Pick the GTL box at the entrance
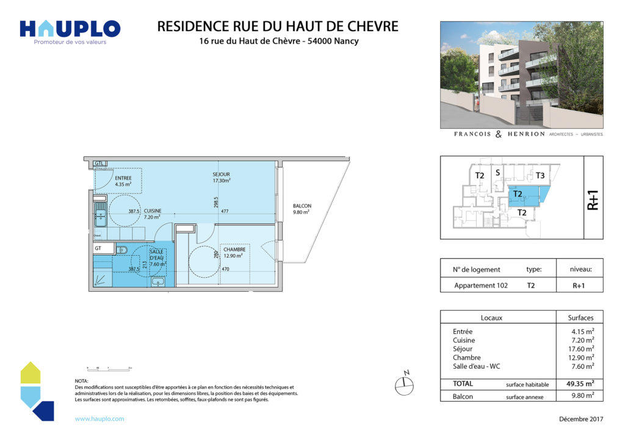(x=101, y=164)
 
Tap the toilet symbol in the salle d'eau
(x=122, y=249)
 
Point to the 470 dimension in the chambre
(x=225, y=269)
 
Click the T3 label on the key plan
(x=540, y=176)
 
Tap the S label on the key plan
(x=497, y=173)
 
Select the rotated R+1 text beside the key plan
(x=593, y=199)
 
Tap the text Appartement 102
(x=481, y=285)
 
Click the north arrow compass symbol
(x=403, y=383)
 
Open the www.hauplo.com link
(x=99, y=419)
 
